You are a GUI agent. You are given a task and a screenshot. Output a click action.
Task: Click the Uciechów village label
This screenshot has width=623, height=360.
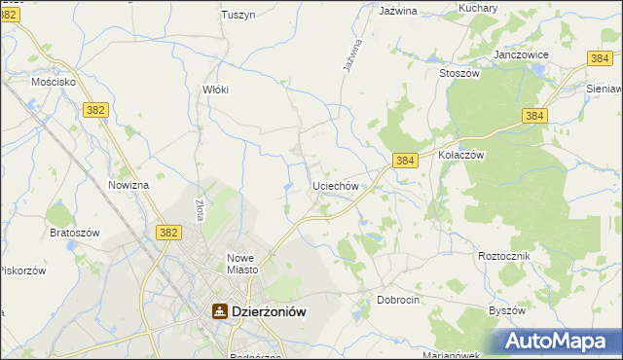337,185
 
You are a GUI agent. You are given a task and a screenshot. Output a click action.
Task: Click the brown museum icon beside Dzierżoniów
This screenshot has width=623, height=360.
220,311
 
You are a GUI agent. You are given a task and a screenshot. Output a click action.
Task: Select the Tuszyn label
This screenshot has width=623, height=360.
238,15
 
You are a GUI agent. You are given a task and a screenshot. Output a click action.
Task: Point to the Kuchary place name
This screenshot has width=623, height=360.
478,9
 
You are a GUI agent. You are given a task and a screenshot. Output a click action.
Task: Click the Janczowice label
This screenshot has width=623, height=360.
523,54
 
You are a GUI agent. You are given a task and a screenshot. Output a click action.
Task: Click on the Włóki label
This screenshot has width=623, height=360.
214,89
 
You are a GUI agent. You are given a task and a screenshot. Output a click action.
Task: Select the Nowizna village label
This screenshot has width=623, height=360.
128,185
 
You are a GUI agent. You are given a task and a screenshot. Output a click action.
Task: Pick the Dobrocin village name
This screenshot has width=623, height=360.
398,300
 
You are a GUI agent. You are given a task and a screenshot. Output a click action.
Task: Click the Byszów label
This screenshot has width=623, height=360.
506,310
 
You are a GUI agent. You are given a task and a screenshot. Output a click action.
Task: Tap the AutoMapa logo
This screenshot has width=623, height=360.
561,342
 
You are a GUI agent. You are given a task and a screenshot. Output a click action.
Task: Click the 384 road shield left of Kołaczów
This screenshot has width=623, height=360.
406,159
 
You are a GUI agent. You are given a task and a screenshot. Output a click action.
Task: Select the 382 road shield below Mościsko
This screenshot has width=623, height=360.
94,111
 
